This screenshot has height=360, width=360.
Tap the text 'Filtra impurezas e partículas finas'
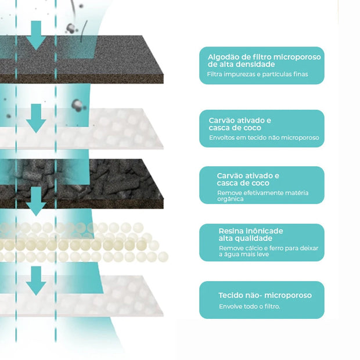pos(257,74)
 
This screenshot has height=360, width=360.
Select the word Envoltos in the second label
pos(222,138)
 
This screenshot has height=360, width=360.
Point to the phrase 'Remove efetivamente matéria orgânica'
pos(262,195)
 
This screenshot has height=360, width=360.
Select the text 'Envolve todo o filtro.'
pos(249,306)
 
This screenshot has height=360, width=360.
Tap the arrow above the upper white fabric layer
pos(37,118)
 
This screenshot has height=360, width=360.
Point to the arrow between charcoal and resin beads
pos(37,201)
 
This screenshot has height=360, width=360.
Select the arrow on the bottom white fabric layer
pos(37,280)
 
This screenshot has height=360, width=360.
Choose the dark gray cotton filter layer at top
pos(116,58)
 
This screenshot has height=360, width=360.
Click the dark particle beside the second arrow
pos(77,105)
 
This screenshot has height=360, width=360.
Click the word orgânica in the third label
pos(231,199)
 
